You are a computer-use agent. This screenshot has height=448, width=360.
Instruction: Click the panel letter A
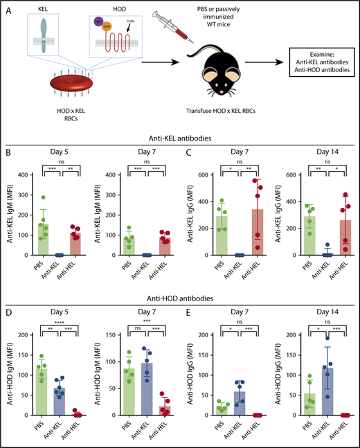coord(8,8)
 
